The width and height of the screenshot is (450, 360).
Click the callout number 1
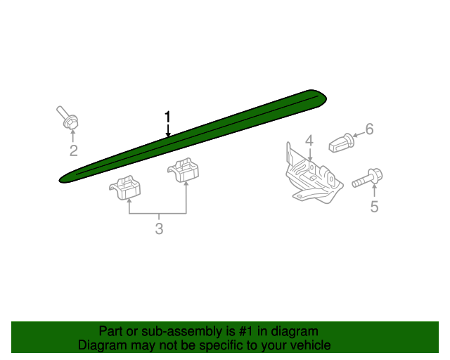(167, 116)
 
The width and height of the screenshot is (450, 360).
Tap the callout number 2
(73, 151)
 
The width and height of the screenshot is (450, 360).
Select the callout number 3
(159, 229)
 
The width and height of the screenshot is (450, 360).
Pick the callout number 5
(374, 206)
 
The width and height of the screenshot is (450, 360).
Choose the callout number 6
(369, 129)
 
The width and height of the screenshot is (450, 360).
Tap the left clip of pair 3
(126, 186)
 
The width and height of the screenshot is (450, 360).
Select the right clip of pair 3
(184, 171)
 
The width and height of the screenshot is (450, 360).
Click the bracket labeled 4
(311, 180)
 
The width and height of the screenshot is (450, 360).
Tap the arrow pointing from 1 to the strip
(167, 130)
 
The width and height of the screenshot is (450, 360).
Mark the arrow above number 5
(374, 191)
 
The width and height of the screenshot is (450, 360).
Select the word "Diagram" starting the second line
(102, 345)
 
